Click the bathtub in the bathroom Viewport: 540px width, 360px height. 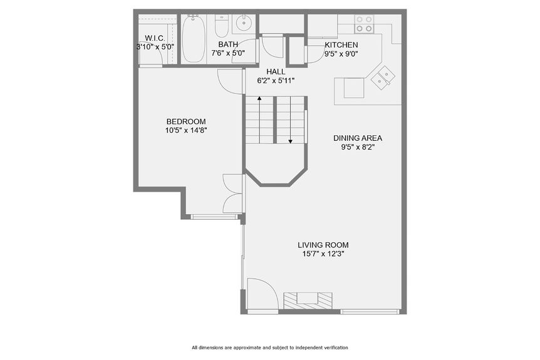click(x=194, y=39)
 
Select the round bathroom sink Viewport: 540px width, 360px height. click(x=242, y=26)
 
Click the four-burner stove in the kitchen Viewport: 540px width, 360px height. click(x=364, y=24)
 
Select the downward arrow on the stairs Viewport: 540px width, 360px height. click(x=291, y=140)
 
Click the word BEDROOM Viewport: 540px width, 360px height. click(x=185, y=121)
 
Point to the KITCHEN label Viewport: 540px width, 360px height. click(x=341, y=45)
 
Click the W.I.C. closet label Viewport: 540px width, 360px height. click(x=150, y=38)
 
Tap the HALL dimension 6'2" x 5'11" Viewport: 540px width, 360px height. click(x=276, y=81)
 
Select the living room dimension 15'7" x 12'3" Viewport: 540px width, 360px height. click(x=323, y=254)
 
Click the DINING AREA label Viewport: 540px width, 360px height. click(x=357, y=138)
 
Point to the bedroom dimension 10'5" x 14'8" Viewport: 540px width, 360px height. click(x=185, y=131)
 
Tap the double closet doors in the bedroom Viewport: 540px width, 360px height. click(x=233, y=193)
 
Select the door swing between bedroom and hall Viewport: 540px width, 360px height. click(x=230, y=81)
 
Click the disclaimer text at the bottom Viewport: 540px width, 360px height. click(x=269, y=347)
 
